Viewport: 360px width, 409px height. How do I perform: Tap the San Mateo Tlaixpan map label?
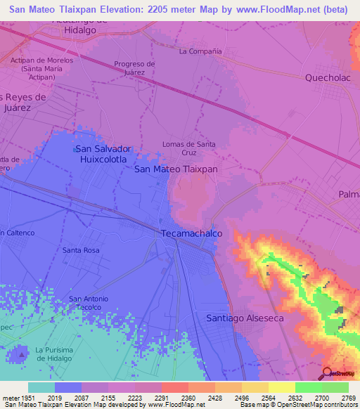tap(176, 169)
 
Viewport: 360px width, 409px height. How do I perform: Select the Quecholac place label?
tap(327, 78)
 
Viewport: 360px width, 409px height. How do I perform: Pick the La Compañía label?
tap(200, 51)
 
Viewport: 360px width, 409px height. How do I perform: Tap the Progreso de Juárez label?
tap(134, 67)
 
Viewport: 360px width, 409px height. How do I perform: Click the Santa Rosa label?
tap(81, 249)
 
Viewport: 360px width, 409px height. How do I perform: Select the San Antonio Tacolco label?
tap(89, 303)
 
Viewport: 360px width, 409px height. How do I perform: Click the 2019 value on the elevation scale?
tap(56, 398)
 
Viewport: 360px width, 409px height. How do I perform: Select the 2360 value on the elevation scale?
tap(188, 398)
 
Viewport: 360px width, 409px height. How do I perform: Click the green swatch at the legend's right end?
tap(335, 387)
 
